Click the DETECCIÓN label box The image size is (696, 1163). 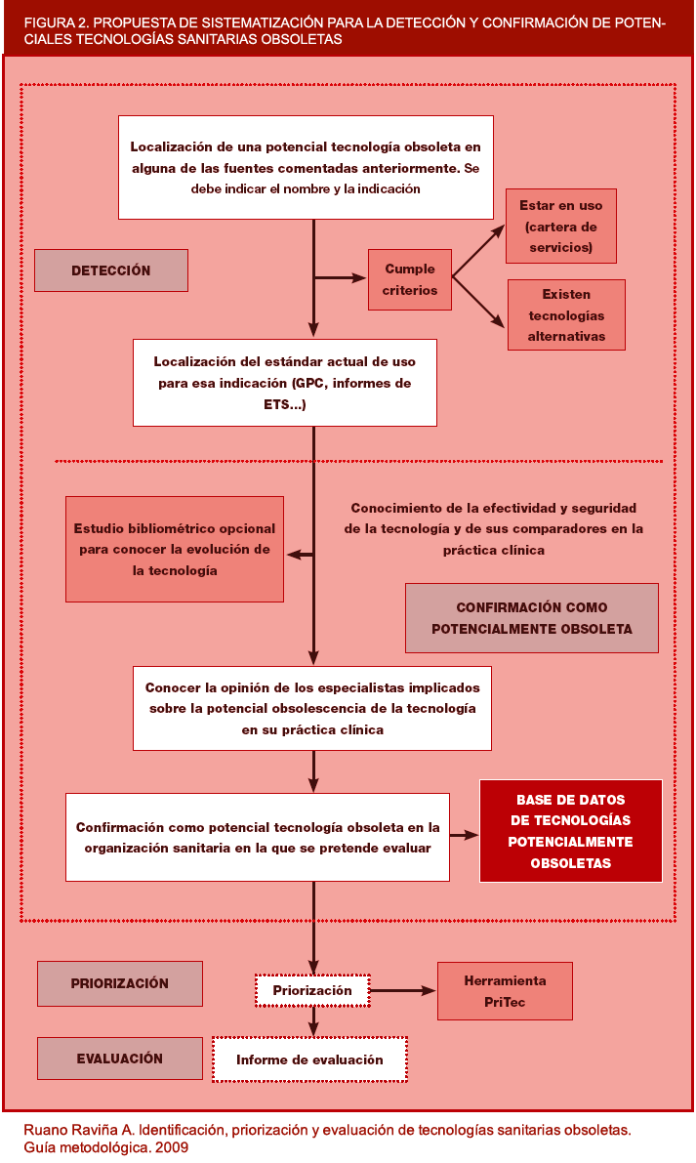click(110, 270)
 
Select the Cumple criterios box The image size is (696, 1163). click(410, 279)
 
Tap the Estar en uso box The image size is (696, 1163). click(560, 227)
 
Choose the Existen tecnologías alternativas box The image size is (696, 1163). click(566, 314)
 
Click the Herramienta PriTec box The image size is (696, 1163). click(505, 991)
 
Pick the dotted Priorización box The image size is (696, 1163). click(312, 990)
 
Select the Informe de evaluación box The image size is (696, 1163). click(309, 1059)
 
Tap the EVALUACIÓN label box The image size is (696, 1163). click(120, 1059)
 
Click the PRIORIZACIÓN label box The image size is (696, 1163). click(120, 983)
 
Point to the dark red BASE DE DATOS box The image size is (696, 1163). click(570, 831)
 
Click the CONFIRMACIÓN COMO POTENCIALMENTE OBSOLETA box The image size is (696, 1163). click(531, 618)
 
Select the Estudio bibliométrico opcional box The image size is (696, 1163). click(175, 549)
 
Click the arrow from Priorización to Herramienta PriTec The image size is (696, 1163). click(402, 991)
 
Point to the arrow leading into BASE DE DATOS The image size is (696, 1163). click(464, 835)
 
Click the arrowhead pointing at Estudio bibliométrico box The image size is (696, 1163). click(292, 555)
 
